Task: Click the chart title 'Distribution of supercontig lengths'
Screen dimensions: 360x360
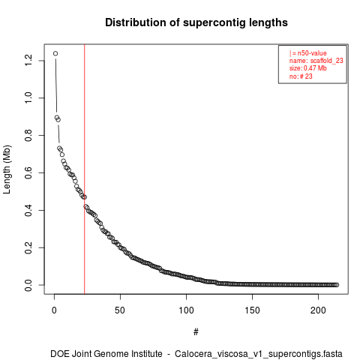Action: pos(196,22)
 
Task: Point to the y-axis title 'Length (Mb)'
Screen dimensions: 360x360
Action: pos(7,169)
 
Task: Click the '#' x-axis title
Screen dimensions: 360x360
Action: pos(196,332)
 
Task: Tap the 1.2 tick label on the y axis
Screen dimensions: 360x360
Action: pos(28,60)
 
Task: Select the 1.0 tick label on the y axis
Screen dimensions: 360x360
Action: pos(28,97)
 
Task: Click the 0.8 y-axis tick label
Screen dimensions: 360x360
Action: pos(28,135)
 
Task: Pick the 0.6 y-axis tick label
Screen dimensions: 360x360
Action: pos(28,172)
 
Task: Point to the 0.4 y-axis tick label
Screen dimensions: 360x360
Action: pos(28,210)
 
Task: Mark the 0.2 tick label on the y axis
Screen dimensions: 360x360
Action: pos(28,247)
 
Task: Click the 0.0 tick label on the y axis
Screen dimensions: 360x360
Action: pos(28,285)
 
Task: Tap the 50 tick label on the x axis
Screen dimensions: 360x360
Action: pos(120,310)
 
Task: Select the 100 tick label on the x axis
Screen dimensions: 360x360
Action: pos(186,310)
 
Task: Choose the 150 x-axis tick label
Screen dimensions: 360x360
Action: pos(252,310)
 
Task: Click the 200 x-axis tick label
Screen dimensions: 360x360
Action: pos(318,310)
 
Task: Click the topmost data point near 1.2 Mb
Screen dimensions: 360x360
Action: pos(55,53)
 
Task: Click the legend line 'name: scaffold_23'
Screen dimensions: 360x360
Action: pos(316,61)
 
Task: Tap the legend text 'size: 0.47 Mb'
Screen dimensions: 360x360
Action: pos(308,68)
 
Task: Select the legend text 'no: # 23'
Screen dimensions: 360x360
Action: pos(301,76)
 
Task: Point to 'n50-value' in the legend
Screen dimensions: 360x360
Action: pos(312,53)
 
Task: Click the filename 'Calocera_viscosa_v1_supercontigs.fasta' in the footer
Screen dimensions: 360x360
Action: pos(259,354)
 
